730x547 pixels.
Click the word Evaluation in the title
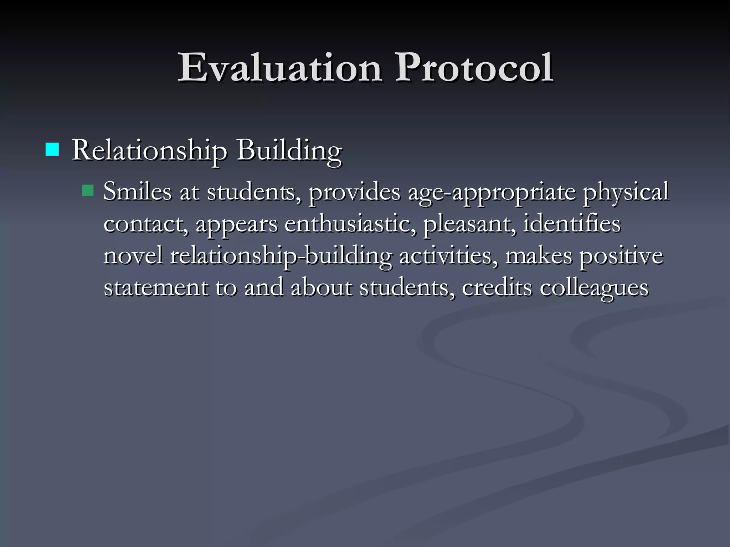(x=280, y=68)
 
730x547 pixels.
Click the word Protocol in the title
(x=474, y=68)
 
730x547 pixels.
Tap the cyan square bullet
(x=52, y=150)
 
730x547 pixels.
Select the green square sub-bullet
(x=87, y=191)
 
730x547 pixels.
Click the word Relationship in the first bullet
(x=149, y=150)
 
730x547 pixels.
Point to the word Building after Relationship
(x=289, y=150)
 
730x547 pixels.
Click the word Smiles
(x=137, y=192)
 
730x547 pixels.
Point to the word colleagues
(x=594, y=288)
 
